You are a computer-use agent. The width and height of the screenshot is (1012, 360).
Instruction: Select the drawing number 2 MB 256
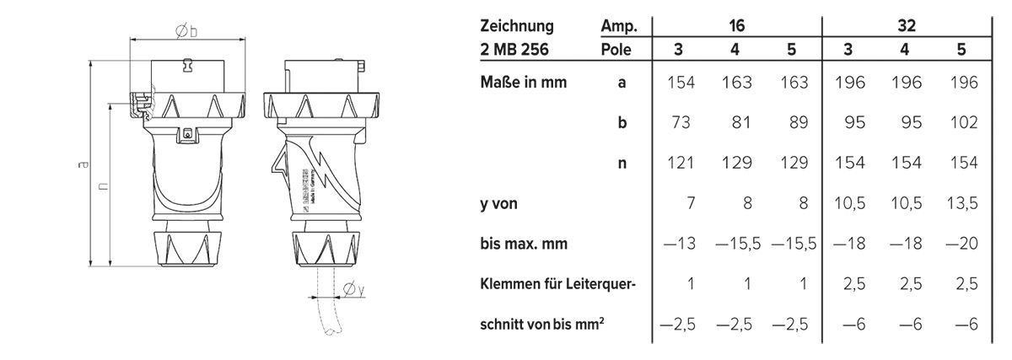tap(513, 50)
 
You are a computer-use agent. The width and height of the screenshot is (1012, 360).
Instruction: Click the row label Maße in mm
tap(524, 83)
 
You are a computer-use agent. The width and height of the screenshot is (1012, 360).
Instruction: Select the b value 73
tap(681, 123)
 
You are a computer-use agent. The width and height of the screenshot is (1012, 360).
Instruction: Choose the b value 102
tap(961, 123)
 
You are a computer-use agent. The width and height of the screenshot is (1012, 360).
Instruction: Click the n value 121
tap(680, 164)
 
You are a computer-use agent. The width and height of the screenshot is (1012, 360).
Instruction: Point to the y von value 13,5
tap(961, 203)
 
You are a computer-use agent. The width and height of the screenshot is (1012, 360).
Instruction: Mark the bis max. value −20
tap(961, 244)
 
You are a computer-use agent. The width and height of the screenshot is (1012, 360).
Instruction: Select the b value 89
tap(792, 123)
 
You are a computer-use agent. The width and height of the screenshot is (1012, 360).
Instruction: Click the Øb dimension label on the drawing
tap(186, 30)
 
